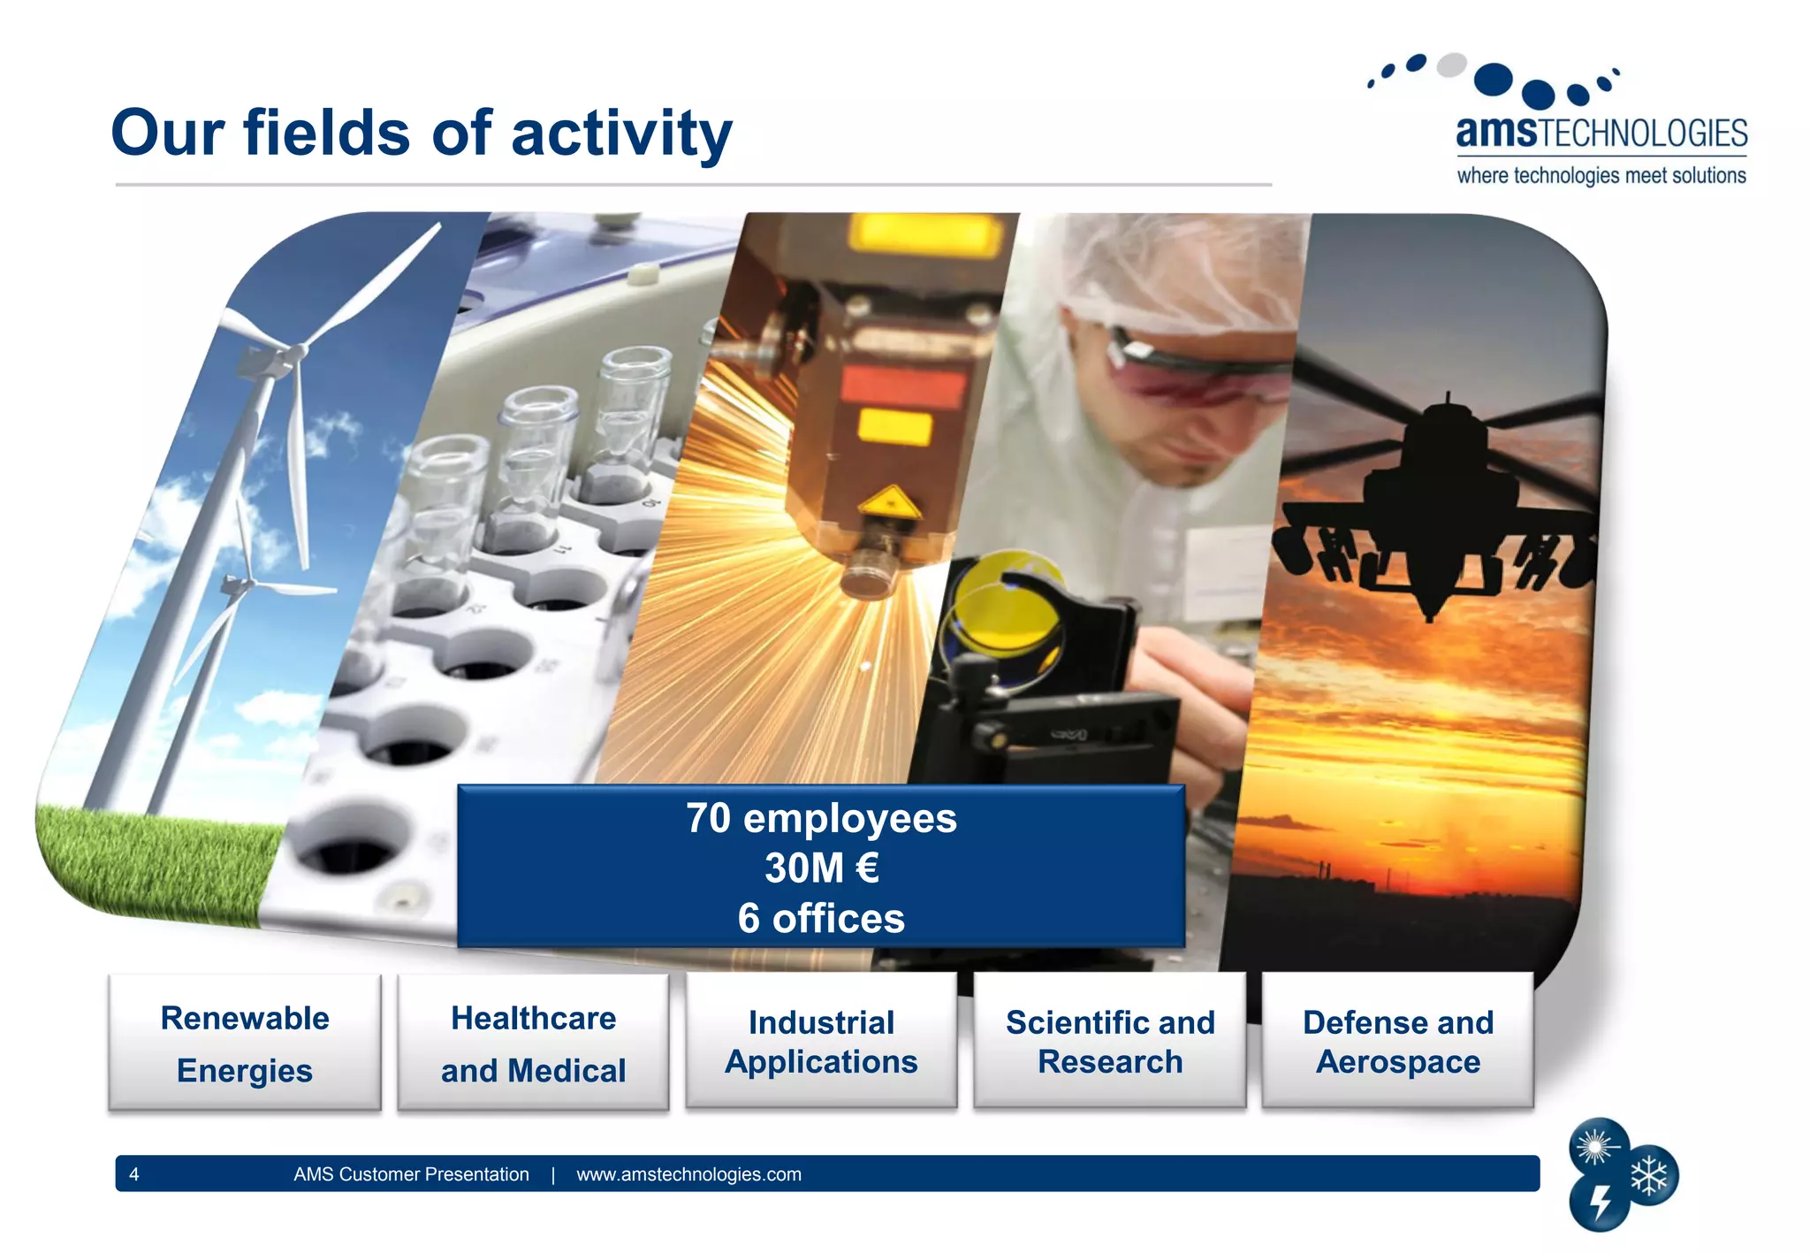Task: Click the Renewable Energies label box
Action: tap(245, 1044)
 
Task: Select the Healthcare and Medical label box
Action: tap(533, 1044)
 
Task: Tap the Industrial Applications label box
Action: tap(821, 1041)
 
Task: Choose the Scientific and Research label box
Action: tap(1110, 1041)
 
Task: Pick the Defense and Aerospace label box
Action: tap(1398, 1041)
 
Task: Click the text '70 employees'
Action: tap(821, 818)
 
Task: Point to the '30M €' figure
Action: tap(821, 868)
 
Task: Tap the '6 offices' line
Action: tap(821, 918)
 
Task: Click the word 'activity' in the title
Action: tap(621, 134)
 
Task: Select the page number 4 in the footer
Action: tap(134, 1174)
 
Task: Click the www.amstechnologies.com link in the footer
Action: tap(688, 1174)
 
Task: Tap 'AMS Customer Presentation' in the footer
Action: tap(411, 1174)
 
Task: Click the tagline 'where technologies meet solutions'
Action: tap(1601, 175)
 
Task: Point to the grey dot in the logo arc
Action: tap(1451, 65)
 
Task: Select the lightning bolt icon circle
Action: tap(1600, 1203)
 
